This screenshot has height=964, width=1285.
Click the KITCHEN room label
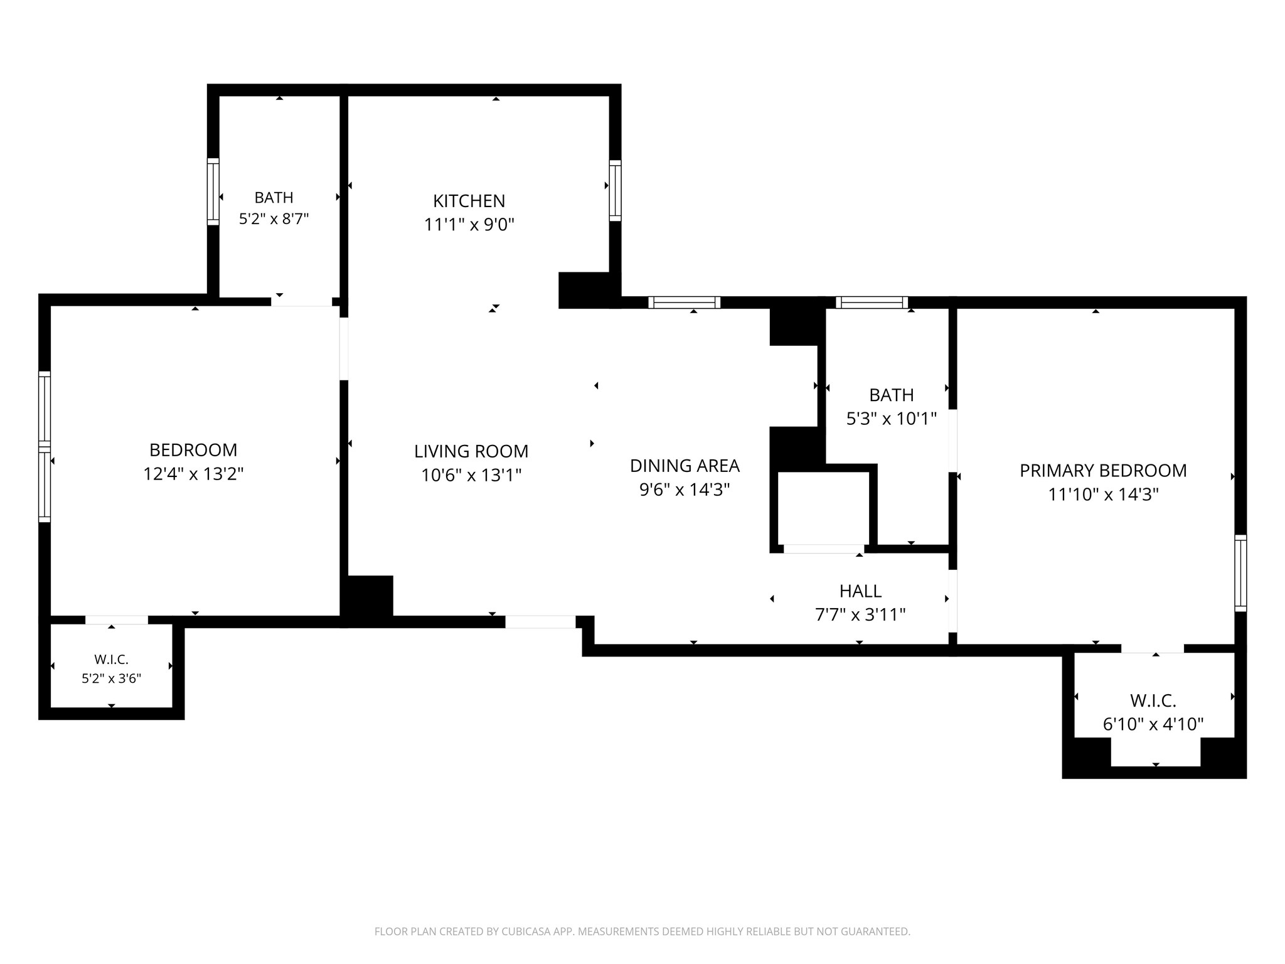coord(469,201)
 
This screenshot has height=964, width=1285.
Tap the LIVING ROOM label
coord(471,451)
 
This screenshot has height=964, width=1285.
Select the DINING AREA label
coord(685,466)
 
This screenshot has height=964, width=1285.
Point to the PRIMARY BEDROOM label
coord(1103,471)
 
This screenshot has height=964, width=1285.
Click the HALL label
coord(860,591)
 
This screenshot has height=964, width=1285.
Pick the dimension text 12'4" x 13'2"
coord(193,474)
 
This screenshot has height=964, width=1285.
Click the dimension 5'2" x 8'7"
coord(274,219)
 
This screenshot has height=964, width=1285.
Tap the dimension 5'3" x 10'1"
coord(892,419)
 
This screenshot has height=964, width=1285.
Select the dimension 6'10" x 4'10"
coord(1153,724)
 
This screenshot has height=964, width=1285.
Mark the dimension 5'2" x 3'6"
coord(112,678)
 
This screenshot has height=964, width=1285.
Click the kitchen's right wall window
coord(616,191)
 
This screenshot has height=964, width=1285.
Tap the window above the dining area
coord(684,303)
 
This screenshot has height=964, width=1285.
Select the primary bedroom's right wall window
coord(1240,573)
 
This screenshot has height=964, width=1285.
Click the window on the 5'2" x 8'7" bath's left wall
coord(213,191)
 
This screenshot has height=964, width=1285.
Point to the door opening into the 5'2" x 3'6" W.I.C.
coord(117,620)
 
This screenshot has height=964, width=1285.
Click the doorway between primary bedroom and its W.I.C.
coord(1153,648)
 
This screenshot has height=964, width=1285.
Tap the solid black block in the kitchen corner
coord(584,290)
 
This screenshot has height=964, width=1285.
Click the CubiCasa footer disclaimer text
coord(642,932)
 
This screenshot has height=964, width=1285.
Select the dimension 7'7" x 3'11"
coord(860,614)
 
